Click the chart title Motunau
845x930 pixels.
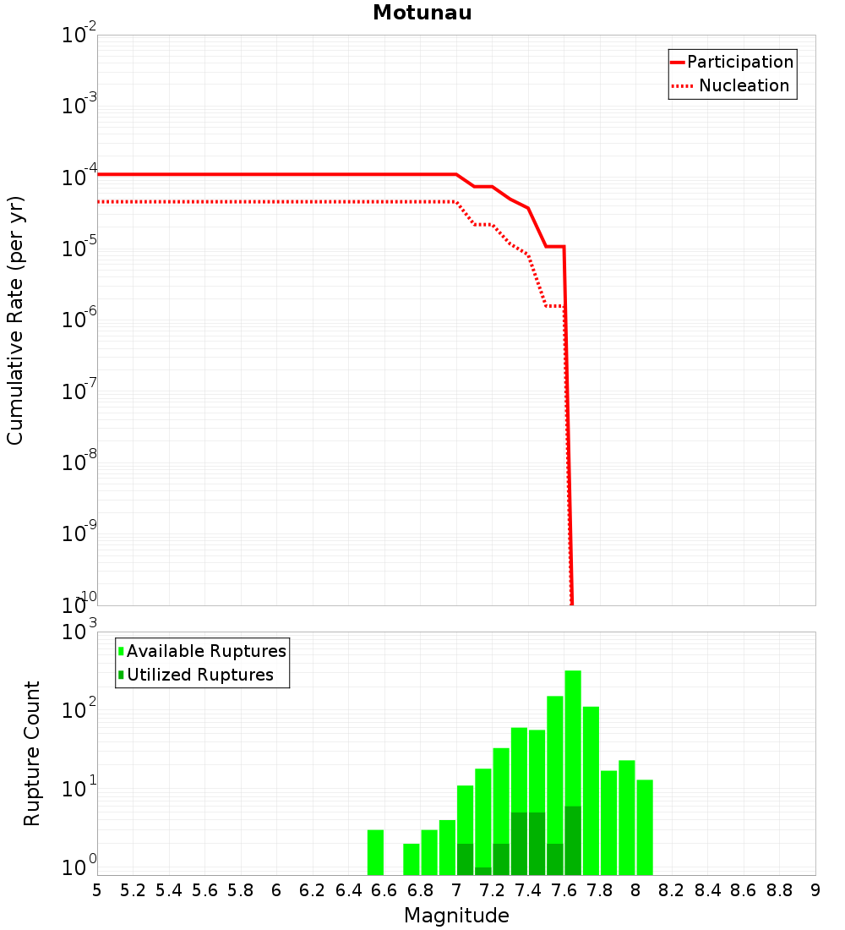tap(422, 13)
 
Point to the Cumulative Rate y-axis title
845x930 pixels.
tap(15, 320)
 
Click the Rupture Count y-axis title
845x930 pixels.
tap(32, 753)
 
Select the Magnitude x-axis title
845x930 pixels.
tap(456, 916)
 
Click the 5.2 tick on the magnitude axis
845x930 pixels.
tap(134, 890)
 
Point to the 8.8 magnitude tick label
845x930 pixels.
tap(780, 890)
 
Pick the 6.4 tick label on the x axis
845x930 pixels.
tap(349, 890)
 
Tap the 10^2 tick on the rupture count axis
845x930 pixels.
tap(79, 711)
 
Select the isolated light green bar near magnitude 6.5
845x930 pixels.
tap(375, 852)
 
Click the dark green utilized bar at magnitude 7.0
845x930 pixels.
tap(465, 859)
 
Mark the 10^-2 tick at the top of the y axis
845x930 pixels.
tap(79, 36)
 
